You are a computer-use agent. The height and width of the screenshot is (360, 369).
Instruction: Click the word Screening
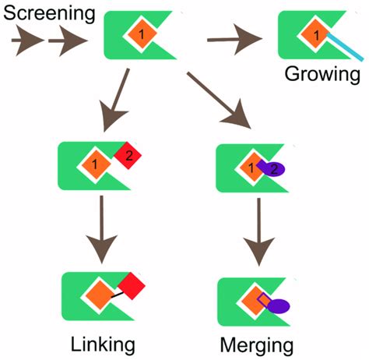point(49,14)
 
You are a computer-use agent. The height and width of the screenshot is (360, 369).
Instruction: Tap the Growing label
point(322,76)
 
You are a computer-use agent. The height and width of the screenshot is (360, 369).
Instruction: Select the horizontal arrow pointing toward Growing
point(237,37)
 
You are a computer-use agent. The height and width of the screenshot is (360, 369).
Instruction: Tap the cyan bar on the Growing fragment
point(341,48)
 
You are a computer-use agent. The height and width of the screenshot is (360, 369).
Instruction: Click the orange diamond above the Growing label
point(315,34)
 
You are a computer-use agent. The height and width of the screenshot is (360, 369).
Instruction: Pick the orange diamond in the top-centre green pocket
point(141,34)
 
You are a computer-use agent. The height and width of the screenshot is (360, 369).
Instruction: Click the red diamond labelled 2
point(127,156)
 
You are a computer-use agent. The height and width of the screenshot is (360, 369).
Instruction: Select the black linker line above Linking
point(117,294)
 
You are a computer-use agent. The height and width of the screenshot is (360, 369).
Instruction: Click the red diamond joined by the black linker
point(132,286)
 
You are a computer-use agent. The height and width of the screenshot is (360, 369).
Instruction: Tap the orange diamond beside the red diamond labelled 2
point(95,164)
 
